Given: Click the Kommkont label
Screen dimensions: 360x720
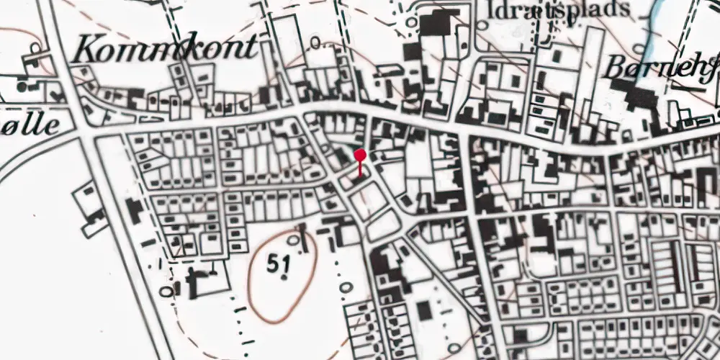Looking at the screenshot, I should click(x=165, y=48).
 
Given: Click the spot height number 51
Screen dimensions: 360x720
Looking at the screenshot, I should click(x=278, y=264).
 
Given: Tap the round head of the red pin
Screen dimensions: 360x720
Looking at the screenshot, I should click(x=360, y=154).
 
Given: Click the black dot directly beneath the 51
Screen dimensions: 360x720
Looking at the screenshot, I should click(x=285, y=277).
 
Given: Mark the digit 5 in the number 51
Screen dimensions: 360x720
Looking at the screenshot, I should click(x=272, y=264).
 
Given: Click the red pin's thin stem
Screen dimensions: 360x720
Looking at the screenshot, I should click(x=360, y=168).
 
